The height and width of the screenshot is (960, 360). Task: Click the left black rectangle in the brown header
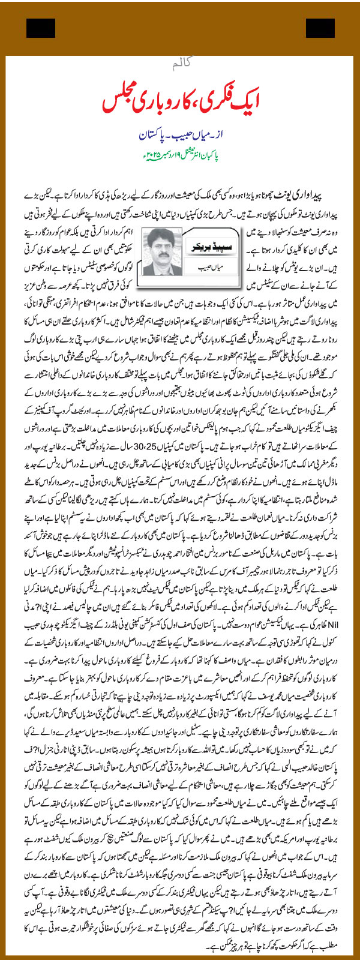coord(40,28)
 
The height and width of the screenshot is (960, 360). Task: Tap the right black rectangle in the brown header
coord(320,28)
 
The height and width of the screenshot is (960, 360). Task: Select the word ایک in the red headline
coord(259,100)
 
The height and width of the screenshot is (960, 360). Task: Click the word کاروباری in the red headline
coord(157,100)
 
